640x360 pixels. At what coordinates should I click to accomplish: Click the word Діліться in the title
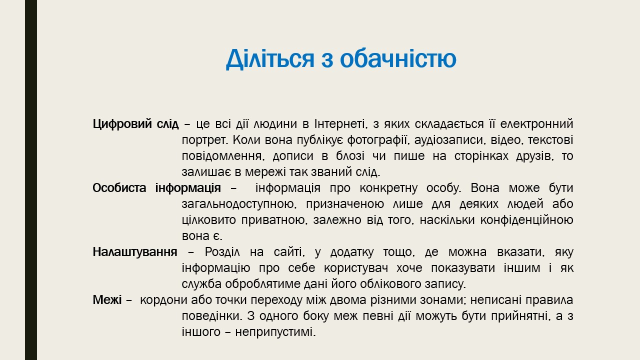click(270, 59)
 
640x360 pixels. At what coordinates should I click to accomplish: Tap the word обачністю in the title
click(398, 58)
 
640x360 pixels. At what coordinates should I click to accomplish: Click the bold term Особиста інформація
click(157, 188)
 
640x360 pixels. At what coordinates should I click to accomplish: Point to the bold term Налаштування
click(135, 252)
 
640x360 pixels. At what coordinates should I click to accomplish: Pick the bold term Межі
click(107, 300)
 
